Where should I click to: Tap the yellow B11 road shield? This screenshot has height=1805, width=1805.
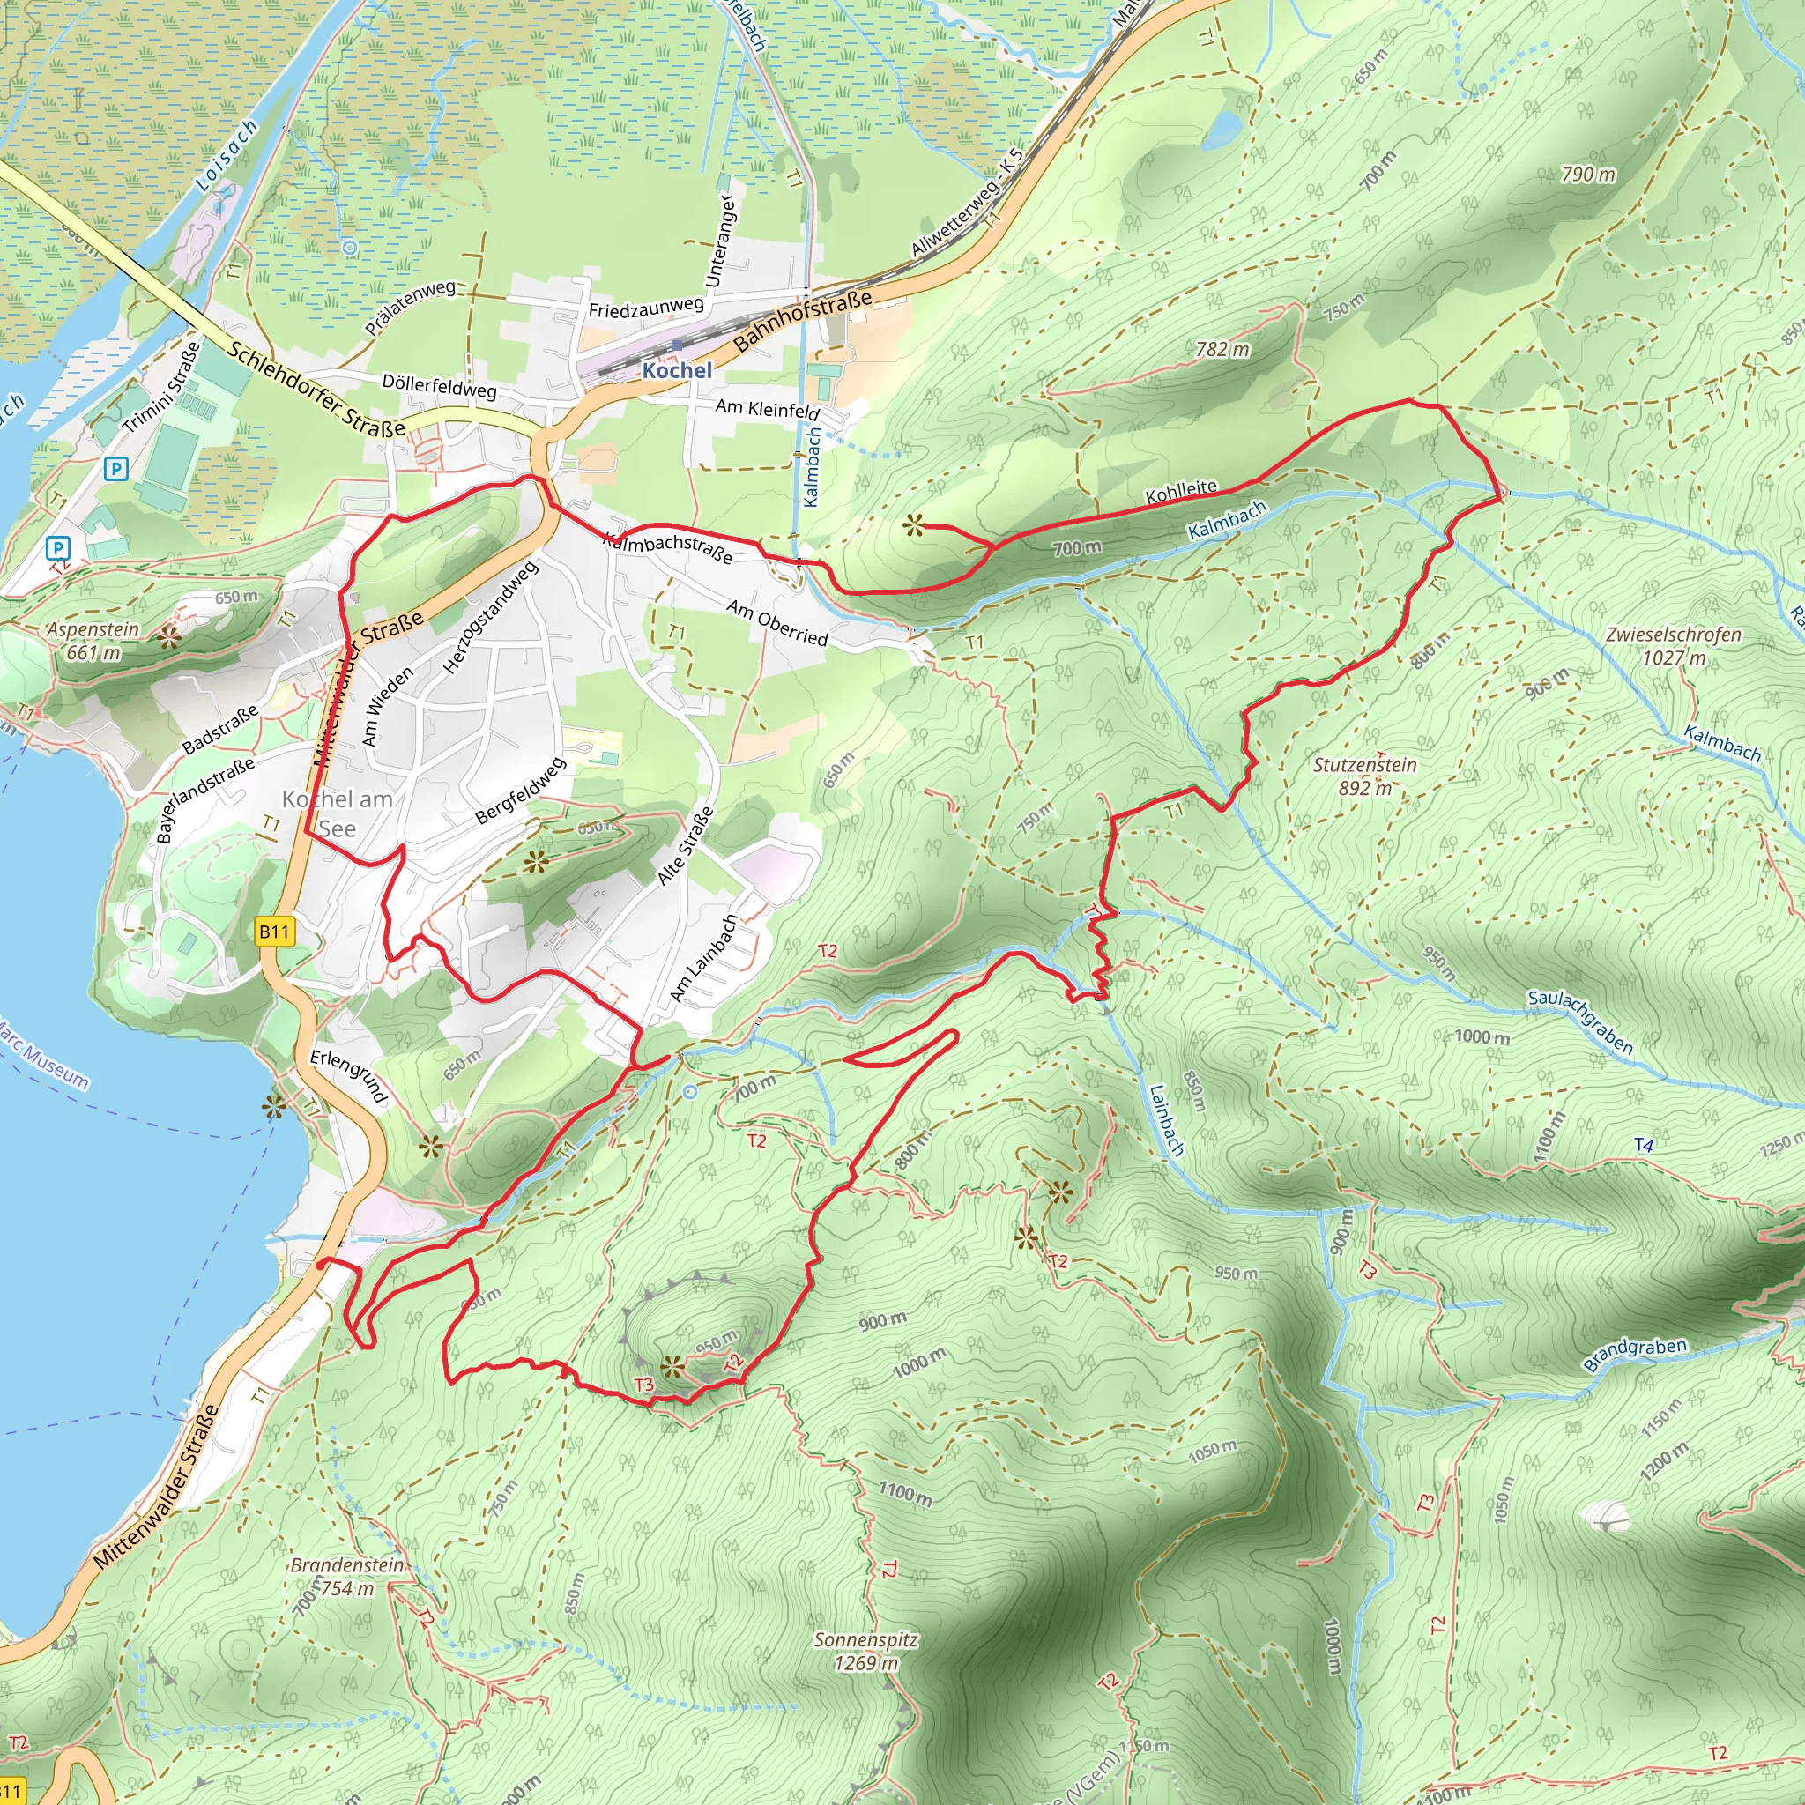(x=274, y=932)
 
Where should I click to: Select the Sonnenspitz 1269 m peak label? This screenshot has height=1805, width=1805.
(x=865, y=1651)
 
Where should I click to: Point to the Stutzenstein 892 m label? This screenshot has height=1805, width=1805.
(x=1365, y=776)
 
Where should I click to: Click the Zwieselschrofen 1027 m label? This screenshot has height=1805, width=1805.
(x=1674, y=645)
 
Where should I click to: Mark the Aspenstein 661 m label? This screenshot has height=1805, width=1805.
(x=93, y=641)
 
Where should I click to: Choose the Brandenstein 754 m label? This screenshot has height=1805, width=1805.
(x=346, y=1576)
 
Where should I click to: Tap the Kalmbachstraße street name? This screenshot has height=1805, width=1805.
(x=667, y=547)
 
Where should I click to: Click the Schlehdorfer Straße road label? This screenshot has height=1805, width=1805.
(x=316, y=390)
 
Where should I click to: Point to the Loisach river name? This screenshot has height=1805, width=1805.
(x=227, y=156)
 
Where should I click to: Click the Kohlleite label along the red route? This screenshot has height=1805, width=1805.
(x=1181, y=492)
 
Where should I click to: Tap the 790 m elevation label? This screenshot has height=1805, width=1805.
(x=1588, y=175)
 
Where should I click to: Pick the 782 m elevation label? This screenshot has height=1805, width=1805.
(x=1222, y=349)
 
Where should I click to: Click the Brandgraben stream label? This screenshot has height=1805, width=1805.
(x=1635, y=1354)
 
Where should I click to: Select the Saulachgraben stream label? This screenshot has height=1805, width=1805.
(x=1580, y=1022)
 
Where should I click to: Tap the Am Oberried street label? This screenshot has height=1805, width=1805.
(x=777, y=623)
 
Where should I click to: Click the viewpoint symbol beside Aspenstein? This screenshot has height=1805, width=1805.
(x=168, y=638)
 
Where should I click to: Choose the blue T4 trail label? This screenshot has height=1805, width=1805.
(x=1644, y=1145)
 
